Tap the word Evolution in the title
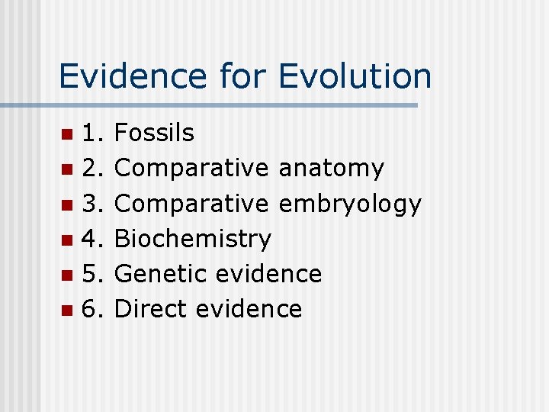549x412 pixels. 355,76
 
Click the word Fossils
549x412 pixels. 154,134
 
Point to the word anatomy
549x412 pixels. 332,169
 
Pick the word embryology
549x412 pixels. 350,204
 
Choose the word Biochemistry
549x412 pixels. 192,239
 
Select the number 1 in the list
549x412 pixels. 91,134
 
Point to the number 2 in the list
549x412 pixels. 91,169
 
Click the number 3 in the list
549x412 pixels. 91,204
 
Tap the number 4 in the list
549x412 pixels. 91,239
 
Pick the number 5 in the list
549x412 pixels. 91,274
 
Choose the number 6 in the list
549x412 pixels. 91,309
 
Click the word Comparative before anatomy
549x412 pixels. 191,169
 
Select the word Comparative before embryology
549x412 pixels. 191,204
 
